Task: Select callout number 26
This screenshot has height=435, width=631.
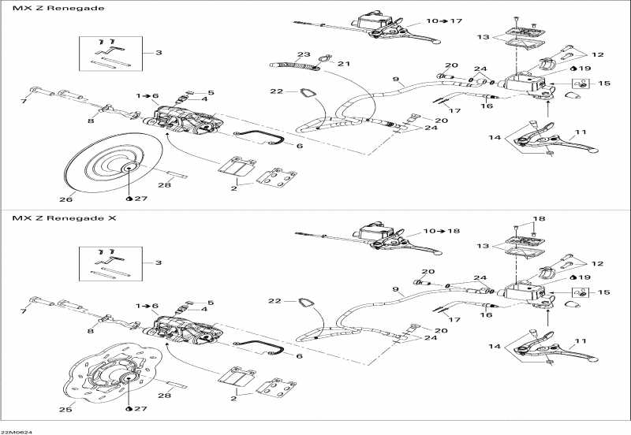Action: pos(66,199)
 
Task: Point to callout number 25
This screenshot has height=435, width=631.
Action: pos(66,409)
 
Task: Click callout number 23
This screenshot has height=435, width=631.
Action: pos(304,54)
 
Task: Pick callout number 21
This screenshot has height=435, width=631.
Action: pos(343,64)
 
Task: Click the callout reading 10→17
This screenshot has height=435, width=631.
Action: pos(444,20)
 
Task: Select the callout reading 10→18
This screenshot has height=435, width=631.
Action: pos(444,231)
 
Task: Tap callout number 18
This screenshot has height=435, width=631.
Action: pos(539,218)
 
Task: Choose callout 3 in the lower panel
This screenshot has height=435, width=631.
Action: pos(159,262)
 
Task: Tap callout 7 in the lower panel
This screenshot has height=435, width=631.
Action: pos(24,312)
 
